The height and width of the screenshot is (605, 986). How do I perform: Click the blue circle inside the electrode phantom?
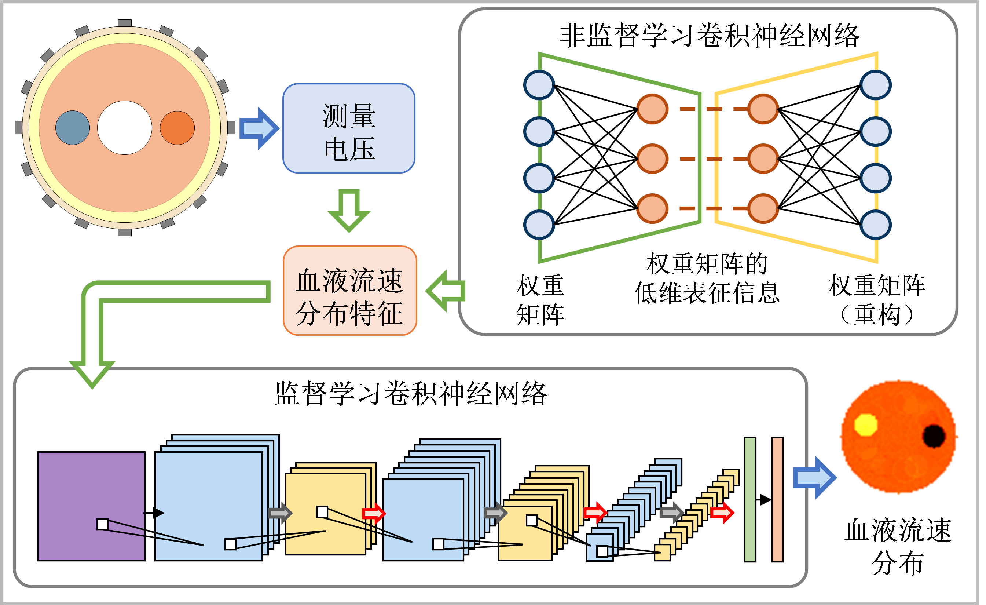point(73,128)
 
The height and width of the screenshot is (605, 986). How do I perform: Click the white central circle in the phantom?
point(125,128)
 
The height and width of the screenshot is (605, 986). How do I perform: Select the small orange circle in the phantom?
point(177,128)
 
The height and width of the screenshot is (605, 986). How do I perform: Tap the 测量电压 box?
point(349,128)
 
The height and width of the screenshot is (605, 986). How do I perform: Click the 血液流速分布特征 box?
point(350,291)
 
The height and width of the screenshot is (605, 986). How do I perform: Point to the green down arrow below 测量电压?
point(349,210)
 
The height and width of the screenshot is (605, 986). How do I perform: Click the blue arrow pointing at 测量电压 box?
point(259,128)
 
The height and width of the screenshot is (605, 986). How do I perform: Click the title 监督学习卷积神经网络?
point(411,394)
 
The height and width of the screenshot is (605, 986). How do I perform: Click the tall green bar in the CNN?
point(750,499)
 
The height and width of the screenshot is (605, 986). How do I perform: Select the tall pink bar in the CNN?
point(777,499)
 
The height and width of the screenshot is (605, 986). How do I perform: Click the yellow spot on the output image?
point(866,425)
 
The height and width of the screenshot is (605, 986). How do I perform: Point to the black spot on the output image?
point(934,435)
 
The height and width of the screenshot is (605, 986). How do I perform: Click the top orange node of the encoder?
point(652,109)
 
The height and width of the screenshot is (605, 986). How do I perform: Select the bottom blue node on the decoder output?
point(876,225)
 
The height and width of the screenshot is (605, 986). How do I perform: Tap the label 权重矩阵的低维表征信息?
point(707,278)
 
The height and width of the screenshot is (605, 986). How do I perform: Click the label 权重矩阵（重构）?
point(876,300)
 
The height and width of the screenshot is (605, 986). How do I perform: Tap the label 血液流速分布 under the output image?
point(898,546)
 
